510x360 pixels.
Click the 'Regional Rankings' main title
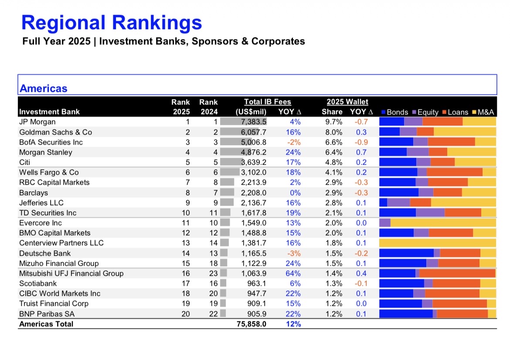(112, 23)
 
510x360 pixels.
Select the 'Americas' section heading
(44, 88)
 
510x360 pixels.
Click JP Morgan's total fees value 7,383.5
(254, 122)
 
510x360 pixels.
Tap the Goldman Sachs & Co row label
(55, 132)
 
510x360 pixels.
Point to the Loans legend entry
(455, 112)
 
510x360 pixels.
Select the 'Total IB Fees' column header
(267, 102)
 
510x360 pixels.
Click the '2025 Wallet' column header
(347, 102)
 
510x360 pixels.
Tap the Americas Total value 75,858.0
(251, 324)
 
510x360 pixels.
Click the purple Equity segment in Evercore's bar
(385, 223)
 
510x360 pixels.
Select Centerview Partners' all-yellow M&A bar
(438, 243)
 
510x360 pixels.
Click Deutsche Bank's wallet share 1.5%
(334, 253)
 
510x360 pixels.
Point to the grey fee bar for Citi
(231, 162)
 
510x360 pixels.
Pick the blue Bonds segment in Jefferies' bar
(383, 203)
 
